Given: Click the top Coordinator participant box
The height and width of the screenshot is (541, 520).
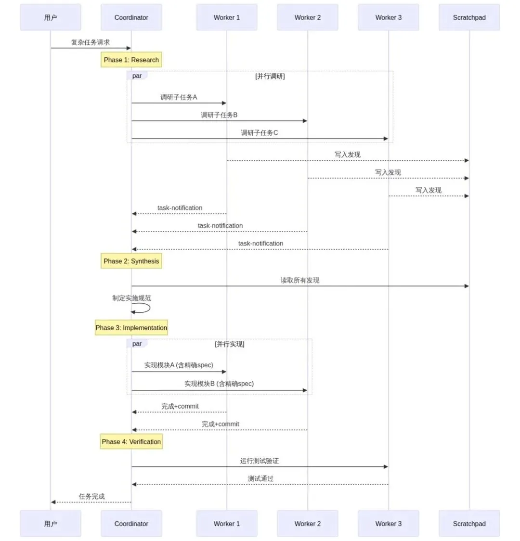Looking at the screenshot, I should (x=131, y=17).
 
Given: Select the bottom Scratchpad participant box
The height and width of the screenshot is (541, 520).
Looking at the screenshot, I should (x=469, y=524).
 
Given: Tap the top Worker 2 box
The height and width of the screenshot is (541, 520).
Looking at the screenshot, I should (x=307, y=17).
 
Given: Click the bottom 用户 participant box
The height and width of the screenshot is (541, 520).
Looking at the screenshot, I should (x=51, y=524).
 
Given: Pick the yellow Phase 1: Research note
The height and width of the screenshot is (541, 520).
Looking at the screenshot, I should (x=131, y=60).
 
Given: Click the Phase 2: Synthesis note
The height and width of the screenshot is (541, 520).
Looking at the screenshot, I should (x=131, y=261).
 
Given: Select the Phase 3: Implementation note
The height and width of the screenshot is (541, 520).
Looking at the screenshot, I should (x=131, y=328).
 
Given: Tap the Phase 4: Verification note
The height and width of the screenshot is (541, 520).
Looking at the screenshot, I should (x=131, y=441).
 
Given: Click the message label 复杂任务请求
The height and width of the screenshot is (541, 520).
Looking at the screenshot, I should (x=91, y=42).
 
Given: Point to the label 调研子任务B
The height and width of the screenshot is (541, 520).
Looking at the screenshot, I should (x=219, y=115).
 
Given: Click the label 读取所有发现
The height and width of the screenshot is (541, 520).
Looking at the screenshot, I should (x=300, y=280).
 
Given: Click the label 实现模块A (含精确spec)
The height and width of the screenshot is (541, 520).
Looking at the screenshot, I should (x=179, y=365).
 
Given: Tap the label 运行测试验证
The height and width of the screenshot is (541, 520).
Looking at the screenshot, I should (x=260, y=461).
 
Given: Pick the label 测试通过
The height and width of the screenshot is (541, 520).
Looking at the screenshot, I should (x=260, y=478).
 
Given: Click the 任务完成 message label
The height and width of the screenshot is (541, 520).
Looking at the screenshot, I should (x=91, y=496).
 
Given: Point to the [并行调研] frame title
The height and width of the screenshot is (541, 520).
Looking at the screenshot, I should (x=270, y=76).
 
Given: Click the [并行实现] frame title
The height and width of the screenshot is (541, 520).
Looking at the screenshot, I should (x=230, y=344).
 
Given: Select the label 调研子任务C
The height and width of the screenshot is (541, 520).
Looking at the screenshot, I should (x=260, y=133).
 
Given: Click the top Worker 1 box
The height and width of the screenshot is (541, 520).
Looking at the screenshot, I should (x=226, y=17).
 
